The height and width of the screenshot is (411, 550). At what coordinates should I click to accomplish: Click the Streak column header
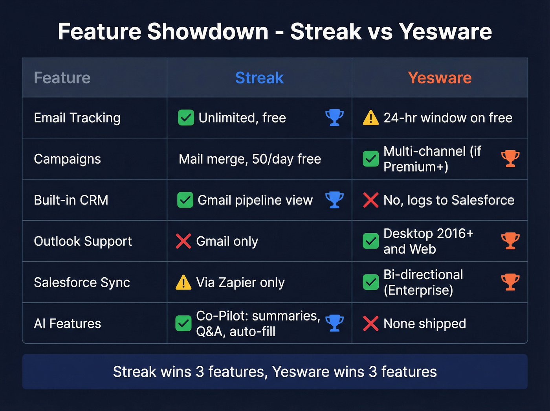(x=259, y=78)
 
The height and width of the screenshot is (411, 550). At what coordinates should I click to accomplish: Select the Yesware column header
(x=440, y=78)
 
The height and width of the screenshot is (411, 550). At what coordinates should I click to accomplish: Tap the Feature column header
(x=62, y=78)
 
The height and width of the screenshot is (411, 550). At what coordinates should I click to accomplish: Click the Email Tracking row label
(x=77, y=118)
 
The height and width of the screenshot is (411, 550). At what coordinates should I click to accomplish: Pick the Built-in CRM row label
(x=71, y=200)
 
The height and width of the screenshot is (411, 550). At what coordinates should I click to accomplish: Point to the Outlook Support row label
(x=83, y=241)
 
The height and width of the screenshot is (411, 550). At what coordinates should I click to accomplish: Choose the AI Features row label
(x=68, y=324)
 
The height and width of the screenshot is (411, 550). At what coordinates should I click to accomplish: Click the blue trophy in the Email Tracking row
(x=334, y=118)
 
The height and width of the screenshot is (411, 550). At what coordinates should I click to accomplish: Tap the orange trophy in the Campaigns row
(x=510, y=159)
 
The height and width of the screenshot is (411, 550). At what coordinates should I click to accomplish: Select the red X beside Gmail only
(x=183, y=241)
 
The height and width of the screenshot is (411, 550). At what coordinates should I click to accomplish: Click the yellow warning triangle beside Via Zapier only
(x=183, y=282)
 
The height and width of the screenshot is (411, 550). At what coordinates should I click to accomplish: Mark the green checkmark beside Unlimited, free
(x=186, y=118)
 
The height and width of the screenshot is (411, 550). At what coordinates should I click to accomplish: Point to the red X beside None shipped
(x=371, y=324)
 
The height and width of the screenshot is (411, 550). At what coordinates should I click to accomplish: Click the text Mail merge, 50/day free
(x=250, y=159)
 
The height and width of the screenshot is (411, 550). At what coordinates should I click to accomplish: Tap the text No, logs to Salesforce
(x=449, y=200)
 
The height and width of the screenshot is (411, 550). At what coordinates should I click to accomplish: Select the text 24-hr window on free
(x=448, y=118)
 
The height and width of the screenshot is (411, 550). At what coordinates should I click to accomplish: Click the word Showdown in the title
(x=208, y=31)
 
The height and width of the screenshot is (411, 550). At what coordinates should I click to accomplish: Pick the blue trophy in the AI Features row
(x=334, y=323)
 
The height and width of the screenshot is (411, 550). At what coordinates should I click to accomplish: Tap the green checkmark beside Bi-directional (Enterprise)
(x=371, y=282)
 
